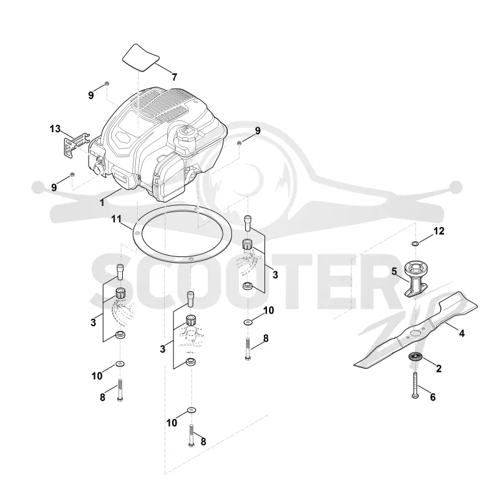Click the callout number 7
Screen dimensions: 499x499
174,77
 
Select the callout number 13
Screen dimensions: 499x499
55,129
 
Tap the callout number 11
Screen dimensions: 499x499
117,219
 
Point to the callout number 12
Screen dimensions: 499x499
439,231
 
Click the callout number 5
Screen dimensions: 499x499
394,271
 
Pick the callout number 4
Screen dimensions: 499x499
462,333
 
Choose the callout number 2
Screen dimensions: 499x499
439,369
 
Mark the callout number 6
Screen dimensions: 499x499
433,397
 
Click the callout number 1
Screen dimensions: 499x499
102,202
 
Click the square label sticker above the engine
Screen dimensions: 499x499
141,57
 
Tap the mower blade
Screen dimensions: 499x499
415,330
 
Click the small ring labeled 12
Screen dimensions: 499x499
415,243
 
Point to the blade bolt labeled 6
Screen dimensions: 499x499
415,385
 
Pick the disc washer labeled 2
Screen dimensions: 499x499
415,356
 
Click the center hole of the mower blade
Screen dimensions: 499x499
414,333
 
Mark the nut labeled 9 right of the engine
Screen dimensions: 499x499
240,143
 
